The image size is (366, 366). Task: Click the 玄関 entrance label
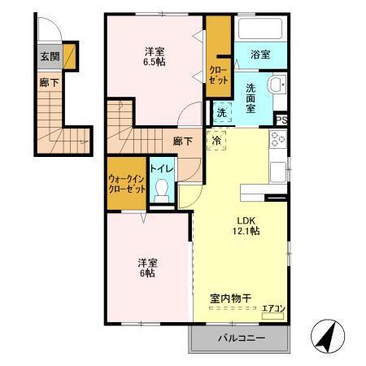[x=49, y=56]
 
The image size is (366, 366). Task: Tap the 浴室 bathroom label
[x=260, y=54]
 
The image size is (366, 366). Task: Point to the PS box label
[x=281, y=120]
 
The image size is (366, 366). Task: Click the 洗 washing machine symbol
[x=221, y=114]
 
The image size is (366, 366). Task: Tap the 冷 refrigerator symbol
[x=217, y=139]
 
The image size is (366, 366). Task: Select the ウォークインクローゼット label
[x=127, y=183]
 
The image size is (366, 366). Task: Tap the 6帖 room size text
[x=147, y=273]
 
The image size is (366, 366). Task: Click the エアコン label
[x=272, y=308]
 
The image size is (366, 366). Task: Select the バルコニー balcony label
[x=240, y=338]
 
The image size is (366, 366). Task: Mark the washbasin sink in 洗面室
[x=276, y=83]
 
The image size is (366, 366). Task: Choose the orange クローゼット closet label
[x=218, y=74]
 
